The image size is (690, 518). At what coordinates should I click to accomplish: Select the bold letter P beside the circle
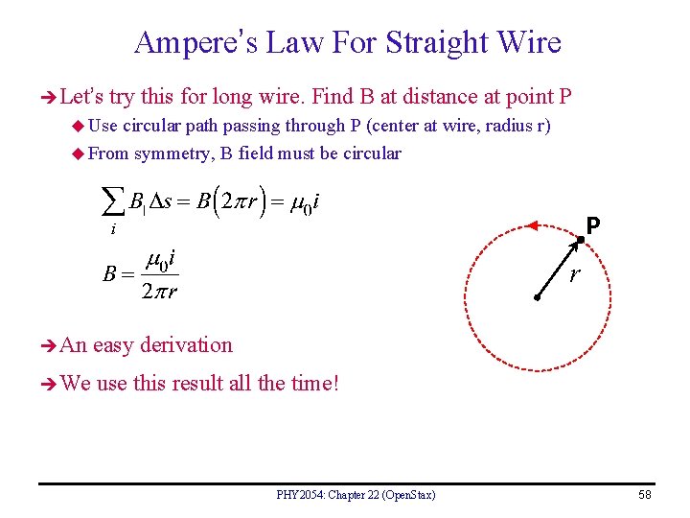point(594,225)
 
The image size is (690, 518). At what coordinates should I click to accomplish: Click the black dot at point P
point(580,238)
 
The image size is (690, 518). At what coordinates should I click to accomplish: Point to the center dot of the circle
point(539,299)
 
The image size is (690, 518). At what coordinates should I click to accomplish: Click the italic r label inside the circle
point(573,276)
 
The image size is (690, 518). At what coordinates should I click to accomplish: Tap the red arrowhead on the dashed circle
point(530,226)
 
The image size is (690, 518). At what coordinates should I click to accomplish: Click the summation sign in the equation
point(113,202)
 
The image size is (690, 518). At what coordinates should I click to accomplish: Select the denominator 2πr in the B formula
point(158,292)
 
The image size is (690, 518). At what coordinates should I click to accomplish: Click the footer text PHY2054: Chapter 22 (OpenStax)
point(356,494)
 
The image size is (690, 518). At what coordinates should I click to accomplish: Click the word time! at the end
point(315,384)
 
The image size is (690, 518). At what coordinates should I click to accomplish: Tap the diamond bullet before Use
point(78,126)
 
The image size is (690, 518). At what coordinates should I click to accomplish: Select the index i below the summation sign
point(113,228)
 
